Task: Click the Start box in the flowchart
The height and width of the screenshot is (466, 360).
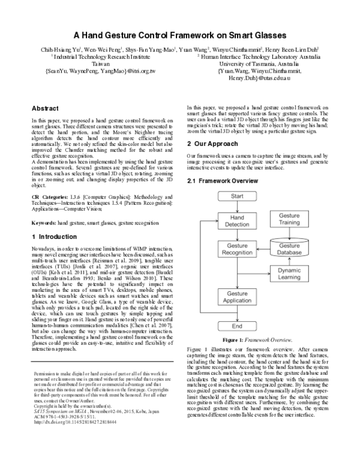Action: click(x=238, y=197)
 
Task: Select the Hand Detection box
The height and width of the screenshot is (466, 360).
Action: click(x=238, y=220)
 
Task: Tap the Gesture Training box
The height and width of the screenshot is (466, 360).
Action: click(x=290, y=219)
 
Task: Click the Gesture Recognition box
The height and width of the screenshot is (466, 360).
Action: click(x=238, y=250)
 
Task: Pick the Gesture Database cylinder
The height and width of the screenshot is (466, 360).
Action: click(x=290, y=249)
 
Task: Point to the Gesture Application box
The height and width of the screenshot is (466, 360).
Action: click(x=238, y=297)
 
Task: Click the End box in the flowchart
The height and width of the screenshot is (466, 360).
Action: click(x=238, y=325)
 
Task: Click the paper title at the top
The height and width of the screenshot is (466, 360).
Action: click(x=180, y=35)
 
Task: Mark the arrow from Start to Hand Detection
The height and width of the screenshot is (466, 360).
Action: click(x=238, y=207)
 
